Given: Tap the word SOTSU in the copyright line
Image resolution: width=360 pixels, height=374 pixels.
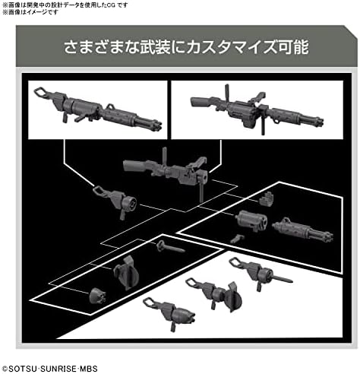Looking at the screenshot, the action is (23, 368).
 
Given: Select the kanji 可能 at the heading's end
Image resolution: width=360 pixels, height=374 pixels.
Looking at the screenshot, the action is (294, 47).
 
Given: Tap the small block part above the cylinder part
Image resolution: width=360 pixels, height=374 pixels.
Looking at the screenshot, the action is (267, 199).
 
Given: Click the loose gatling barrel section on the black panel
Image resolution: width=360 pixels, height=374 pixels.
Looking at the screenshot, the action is (303, 230).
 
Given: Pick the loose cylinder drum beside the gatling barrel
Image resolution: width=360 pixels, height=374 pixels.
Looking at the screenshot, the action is (251, 220).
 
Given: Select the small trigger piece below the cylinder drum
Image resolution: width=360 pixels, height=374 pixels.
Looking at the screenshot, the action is (237, 239).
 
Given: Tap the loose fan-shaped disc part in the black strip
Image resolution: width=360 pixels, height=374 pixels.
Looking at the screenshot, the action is (127, 273).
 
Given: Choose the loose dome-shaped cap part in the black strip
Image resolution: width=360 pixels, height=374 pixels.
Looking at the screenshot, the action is (98, 296).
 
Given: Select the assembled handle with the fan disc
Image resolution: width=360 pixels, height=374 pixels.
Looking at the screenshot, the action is (214, 294).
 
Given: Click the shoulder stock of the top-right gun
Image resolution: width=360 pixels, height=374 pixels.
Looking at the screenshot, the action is (201, 101).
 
